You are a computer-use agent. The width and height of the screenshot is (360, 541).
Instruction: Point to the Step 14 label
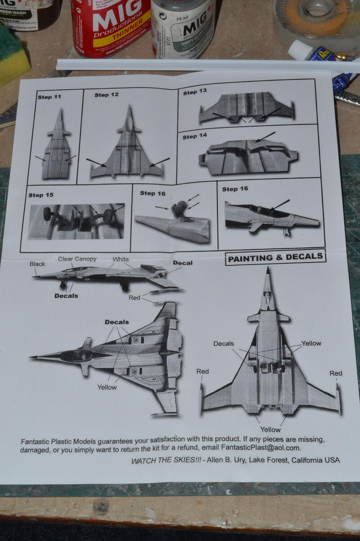[194, 136]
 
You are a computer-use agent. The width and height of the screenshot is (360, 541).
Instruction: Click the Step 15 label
[40, 195]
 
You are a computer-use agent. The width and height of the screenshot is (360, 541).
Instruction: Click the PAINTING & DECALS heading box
[275, 257]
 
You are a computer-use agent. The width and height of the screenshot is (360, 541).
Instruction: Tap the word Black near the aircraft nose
[37, 264]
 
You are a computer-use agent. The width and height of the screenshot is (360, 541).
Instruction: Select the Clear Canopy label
[77, 259]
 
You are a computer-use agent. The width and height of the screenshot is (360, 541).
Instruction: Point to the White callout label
[121, 259]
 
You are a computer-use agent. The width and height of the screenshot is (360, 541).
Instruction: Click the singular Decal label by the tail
[182, 263]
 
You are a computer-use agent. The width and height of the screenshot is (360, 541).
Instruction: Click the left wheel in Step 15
[47, 214]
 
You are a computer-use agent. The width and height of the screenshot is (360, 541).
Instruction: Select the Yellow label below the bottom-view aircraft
[270, 429]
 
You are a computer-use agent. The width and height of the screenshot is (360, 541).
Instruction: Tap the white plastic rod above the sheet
[202, 65]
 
